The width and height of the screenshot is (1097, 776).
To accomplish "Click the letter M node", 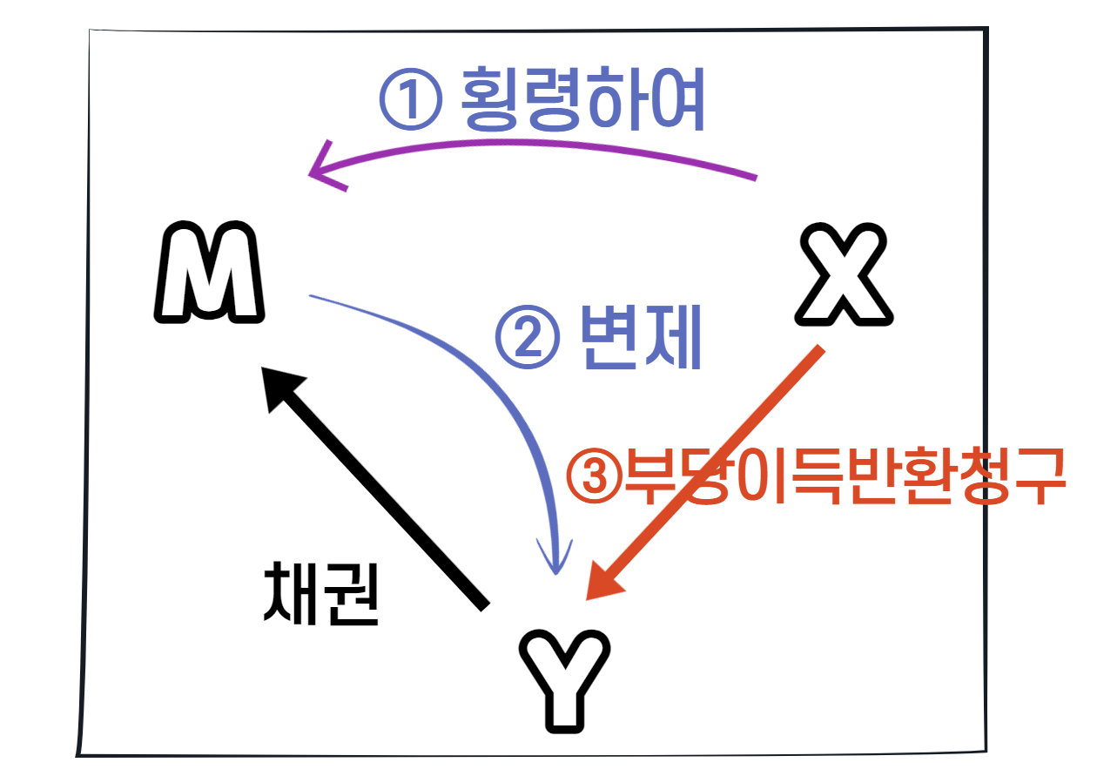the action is [x=209, y=274].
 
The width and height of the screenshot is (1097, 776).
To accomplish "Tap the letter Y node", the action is [x=565, y=680].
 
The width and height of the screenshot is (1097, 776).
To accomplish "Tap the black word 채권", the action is [x=320, y=592].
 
